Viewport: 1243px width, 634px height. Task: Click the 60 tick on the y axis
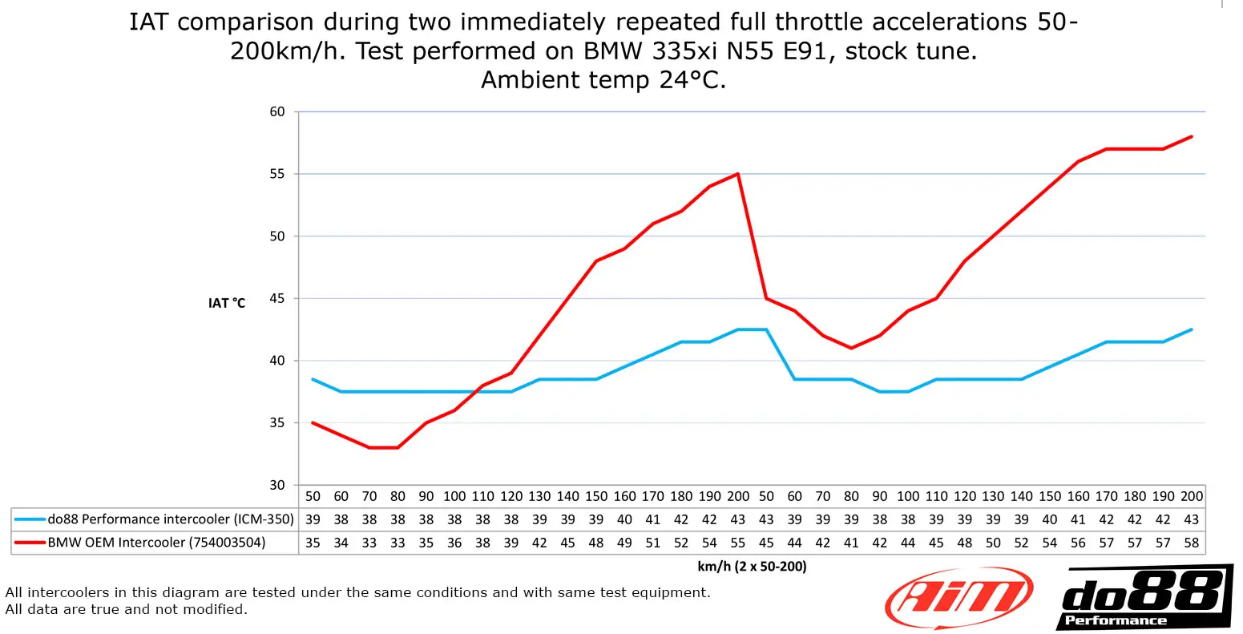277,111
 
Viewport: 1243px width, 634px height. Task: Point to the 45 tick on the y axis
277,298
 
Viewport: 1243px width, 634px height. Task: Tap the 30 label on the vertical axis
277,485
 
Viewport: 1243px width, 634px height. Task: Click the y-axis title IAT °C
227,303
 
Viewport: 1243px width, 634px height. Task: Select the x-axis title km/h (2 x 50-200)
752,567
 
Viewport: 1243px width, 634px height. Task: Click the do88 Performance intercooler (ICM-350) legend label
171,519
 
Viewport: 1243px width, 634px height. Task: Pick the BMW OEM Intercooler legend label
156,543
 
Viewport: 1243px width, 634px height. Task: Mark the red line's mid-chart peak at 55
737,174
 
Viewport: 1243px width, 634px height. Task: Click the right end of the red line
1192,136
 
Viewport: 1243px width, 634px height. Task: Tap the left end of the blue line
313,379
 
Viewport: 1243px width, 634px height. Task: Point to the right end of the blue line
1192,329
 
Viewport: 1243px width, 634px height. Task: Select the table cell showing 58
1192,543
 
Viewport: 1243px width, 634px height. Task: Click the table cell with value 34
341,543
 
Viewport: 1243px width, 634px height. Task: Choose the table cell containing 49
624,543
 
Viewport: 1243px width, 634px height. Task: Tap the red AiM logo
958,597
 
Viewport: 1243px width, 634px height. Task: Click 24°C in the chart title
692,80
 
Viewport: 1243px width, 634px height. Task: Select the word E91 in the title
809,51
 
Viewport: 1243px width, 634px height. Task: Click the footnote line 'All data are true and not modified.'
127,609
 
